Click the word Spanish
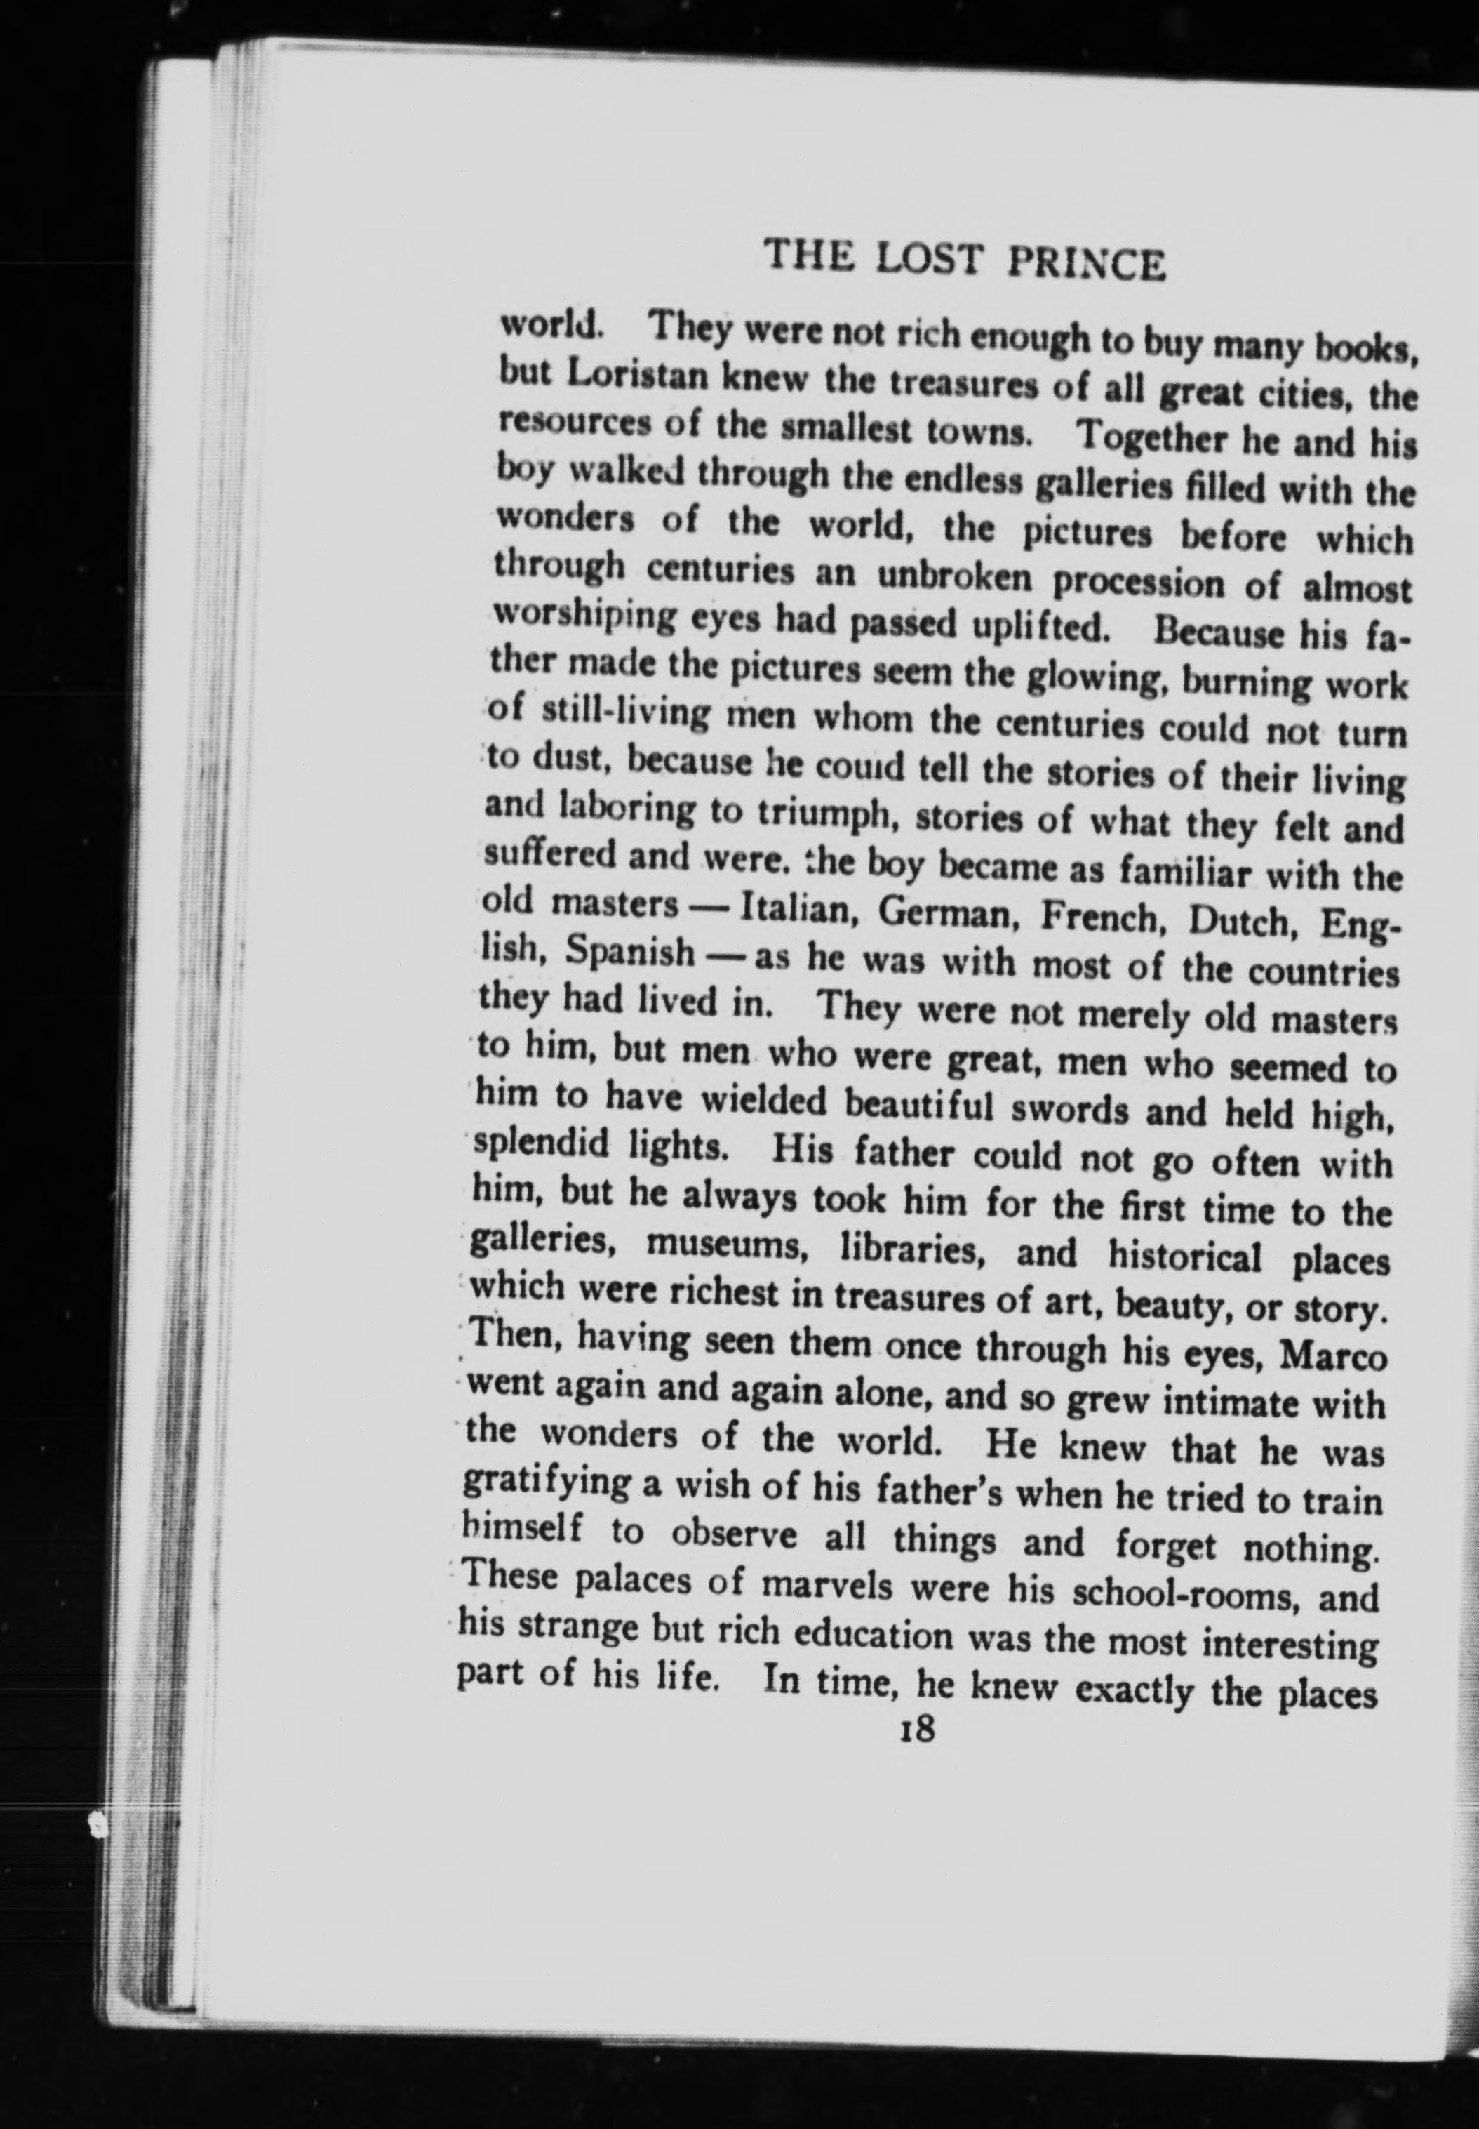pos(629,952)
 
